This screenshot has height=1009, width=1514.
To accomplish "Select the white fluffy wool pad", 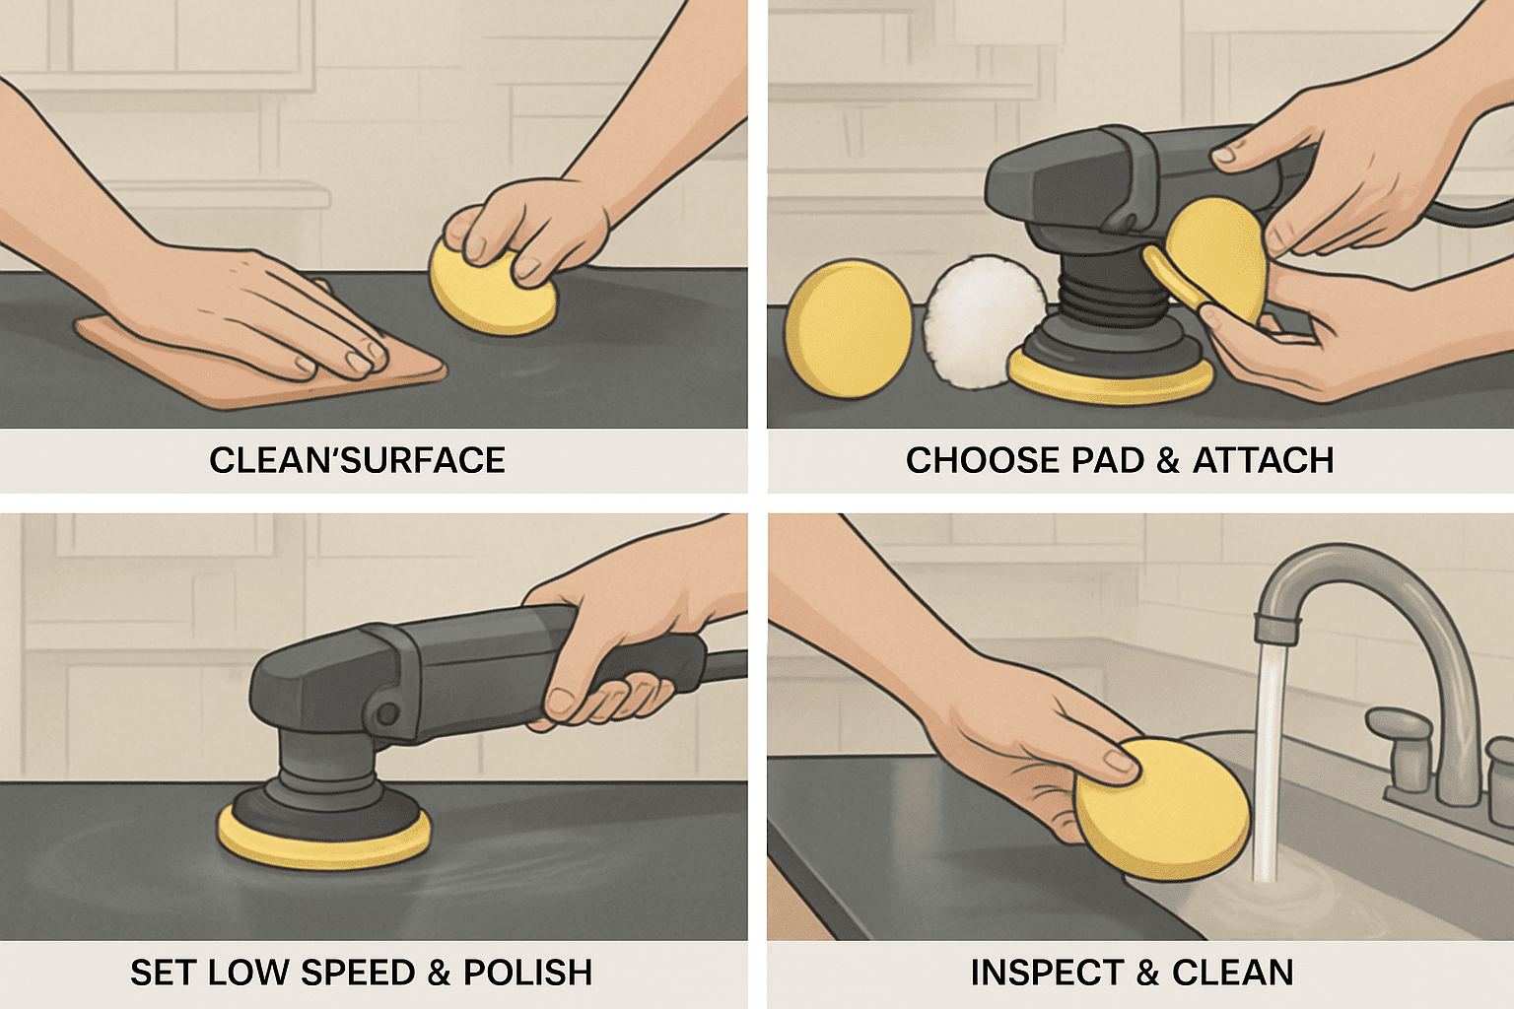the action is pyautogui.click(x=986, y=322).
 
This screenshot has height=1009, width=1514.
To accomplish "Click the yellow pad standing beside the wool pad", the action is pyautogui.click(x=850, y=328).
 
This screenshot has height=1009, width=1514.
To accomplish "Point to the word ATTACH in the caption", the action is pyautogui.click(x=1263, y=460).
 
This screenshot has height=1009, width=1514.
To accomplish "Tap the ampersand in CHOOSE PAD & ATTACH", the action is pyautogui.click(x=1168, y=461).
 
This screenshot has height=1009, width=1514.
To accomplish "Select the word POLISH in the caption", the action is pyautogui.click(x=527, y=973).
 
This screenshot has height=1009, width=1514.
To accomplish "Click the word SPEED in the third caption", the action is pyautogui.click(x=358, y=973).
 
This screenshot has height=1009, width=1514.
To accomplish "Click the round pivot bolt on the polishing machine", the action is pyautogui.click(x=387, y=711).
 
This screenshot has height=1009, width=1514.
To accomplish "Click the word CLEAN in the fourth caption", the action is pyautogui.click(x=1233, y=973).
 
